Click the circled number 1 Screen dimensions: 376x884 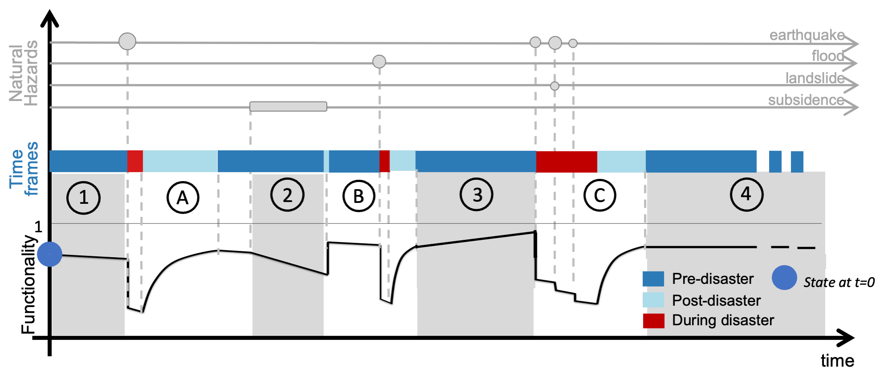tap(83, 198)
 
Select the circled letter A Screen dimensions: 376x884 tap(182, 198)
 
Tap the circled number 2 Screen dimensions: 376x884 tap(288, 195)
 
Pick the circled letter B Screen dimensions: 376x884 tap(358, 196)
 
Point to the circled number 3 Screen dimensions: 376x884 tap(477, 194)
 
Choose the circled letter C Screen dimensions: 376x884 tap(600, 195)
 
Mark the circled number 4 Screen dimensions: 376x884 tap(746, 194)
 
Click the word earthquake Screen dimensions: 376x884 tap(807, 35)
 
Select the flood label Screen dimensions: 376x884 tap(827, 56)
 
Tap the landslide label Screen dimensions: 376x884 tap(815, 78)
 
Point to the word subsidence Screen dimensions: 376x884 tap(806, 100)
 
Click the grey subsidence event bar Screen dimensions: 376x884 tap(288, 106)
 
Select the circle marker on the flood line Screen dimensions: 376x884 tap(379, 61)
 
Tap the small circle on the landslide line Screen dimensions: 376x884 tap(555, 86)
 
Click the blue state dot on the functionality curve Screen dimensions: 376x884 tap(50, 255)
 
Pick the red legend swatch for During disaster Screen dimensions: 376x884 tap(653, 320)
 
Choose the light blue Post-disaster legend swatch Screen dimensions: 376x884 tap(653, 300)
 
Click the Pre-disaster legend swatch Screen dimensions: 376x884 tap(653, 279)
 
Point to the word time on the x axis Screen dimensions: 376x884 tap(837, 361)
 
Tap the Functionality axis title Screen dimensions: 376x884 tap(29, 285)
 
